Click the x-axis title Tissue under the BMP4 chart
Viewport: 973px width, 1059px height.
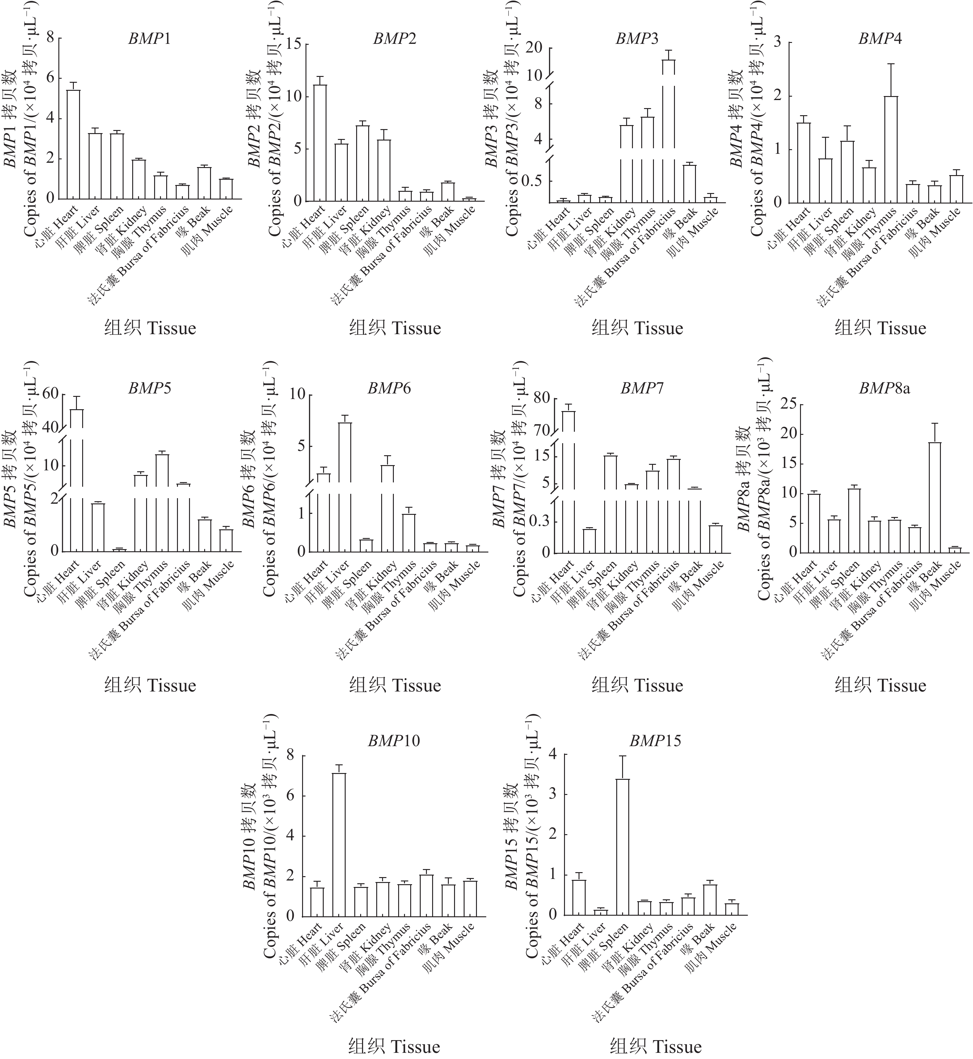pos(880,328)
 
